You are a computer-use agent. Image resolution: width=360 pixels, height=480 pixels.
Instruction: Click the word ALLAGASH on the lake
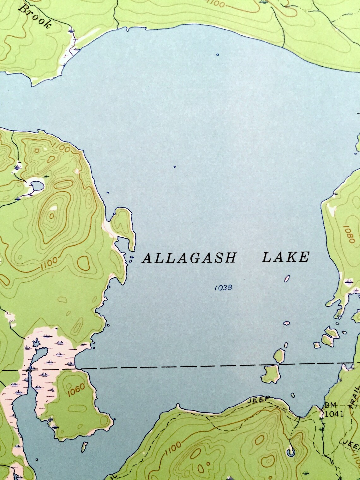click(x=189, y=258)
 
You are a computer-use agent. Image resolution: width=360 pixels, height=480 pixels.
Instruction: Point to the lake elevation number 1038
click(x=223, y=288)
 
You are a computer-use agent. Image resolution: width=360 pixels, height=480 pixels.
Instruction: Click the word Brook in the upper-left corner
click(x=34, y=17)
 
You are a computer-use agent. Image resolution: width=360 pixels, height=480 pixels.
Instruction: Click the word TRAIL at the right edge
click(x=356, y=398)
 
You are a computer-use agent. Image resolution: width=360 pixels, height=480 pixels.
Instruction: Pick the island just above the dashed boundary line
click(x=279, y=356)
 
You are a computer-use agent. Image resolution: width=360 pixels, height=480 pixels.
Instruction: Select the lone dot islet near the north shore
click(x=217, y=55)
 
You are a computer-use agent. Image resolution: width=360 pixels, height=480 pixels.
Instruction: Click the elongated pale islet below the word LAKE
click(x=287, y=278)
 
